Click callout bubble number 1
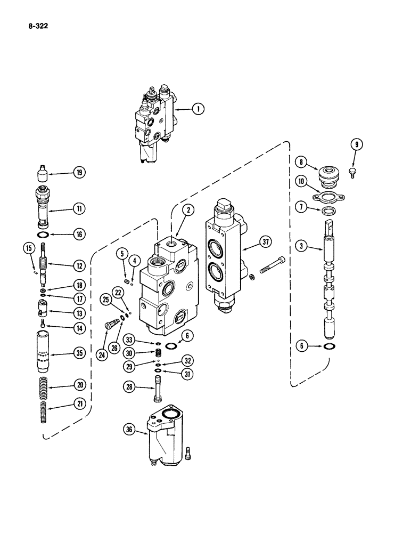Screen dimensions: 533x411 198,109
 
